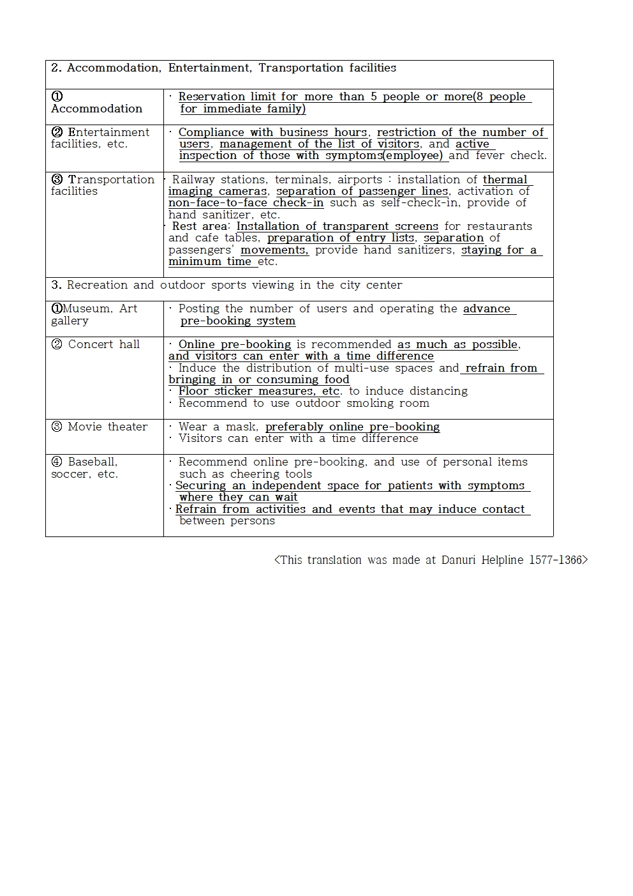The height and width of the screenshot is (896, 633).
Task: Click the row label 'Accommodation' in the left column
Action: [x=96, y=109]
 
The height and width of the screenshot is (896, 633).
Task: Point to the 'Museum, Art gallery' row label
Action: [x=94, y=314]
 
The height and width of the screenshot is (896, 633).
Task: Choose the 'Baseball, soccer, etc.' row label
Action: [x=85, y=467]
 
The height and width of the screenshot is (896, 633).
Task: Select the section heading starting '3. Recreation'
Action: [x=227, y=285]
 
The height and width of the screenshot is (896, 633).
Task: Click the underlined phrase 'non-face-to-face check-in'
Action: [x=246, y=203]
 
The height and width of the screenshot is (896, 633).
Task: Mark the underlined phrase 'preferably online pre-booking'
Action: [x=352, y=427]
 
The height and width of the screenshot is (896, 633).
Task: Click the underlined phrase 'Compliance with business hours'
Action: [x=272, y=132]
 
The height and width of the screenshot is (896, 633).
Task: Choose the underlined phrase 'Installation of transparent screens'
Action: [x=337, y=226]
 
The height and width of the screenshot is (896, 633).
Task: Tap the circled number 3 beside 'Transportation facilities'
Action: [x=57, y=179]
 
